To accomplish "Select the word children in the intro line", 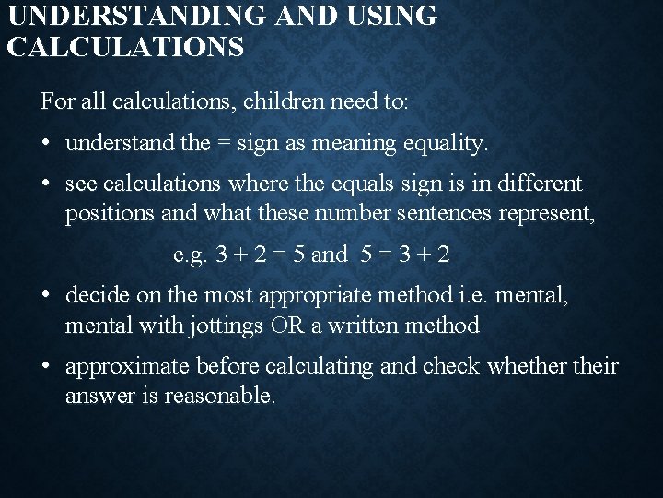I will pyautogui.click(x=275, y=102).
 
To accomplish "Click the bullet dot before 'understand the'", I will pyautogui.click(x=46, y=145).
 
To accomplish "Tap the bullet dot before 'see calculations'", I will pyautogui.click(x=46, y=184).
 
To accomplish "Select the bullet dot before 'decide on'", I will pyautogui.click(x=46, y=296).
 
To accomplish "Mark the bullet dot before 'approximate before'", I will pyautogui.click(x=46, y=366).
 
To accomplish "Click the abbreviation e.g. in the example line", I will pyautogui.click(x=191, y=255).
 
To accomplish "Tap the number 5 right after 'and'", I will pyautogui.click(x=367, y=255).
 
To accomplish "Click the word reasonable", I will pyautogui.click(x=219, y=397).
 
